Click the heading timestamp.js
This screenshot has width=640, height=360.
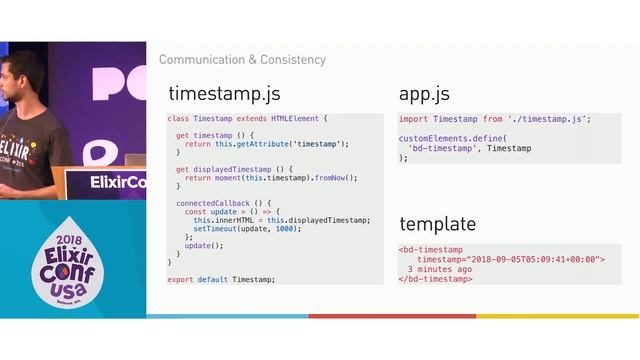click(x=224, y=95)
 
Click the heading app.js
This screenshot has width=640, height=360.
click(x=424, y=95)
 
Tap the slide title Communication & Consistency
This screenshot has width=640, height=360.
click(x=242, y=60)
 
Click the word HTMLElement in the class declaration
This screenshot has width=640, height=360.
click(x=295, y=118)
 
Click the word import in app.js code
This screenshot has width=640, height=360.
click(x=414, y=118)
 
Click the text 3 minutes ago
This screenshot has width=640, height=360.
click(x=440, y=269)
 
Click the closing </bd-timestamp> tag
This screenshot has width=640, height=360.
click(x=435, y=279)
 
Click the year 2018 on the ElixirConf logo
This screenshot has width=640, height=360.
click(x=69, y=241)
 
